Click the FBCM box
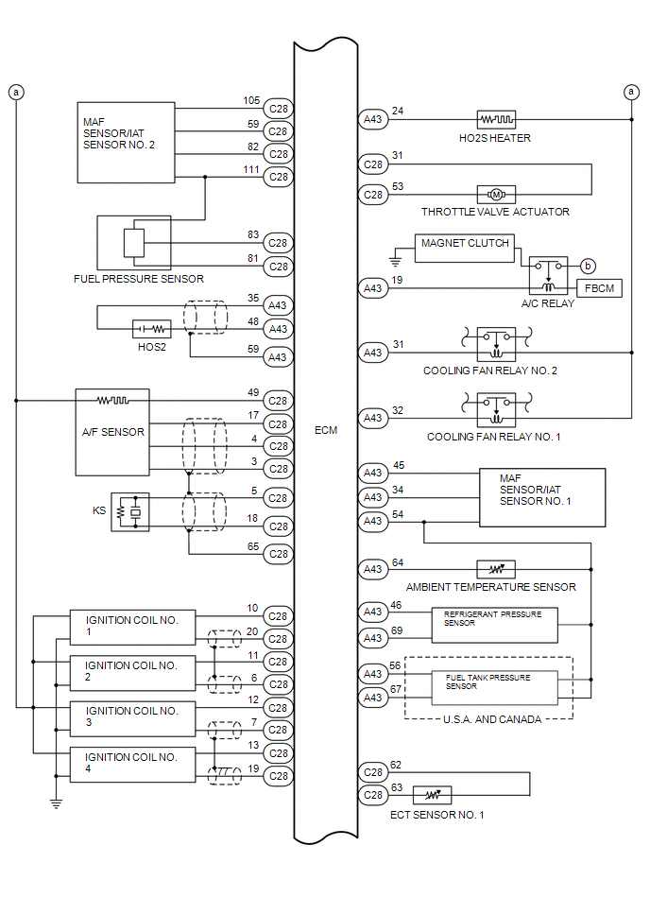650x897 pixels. pyautogui.click(x=599, y=288)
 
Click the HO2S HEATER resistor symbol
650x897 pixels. pyautogui.click(x=495, y=120)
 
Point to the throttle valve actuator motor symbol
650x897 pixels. pyautogui.click(x=495, y=195)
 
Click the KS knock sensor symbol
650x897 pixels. pyautogui.click(x=129, y=511)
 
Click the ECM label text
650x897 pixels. pyautogui.click(x=325, y=430)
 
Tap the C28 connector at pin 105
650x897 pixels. pyautogui.click(x=278, y=108)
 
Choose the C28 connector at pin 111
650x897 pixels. pyautogui.click(x=278, y=177)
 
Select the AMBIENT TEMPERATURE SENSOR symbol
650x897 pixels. pyautogui.click(x=495, y=570)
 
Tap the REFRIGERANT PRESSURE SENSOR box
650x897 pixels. pyautogui.click(x=494, y=625)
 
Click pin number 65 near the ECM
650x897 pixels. pyautogui.click(x=252, y=545)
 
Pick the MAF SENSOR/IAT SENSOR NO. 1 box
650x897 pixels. pyautogui.click(x=541, y=497)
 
